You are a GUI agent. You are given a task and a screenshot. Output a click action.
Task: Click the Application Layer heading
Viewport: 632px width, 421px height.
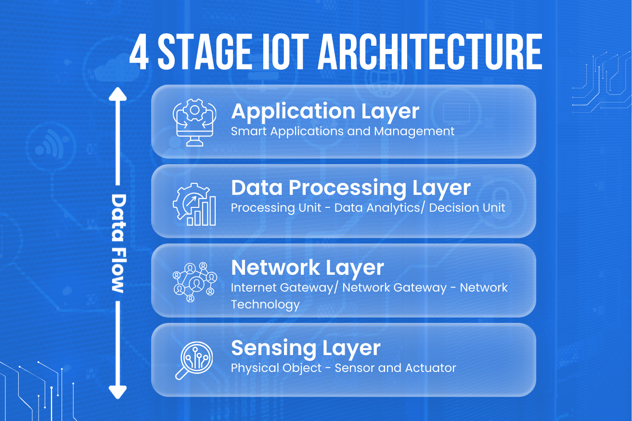325,112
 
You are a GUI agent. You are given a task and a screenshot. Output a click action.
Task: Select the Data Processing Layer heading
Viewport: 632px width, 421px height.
350,188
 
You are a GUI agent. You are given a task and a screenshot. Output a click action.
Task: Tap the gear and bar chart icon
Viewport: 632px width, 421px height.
194,204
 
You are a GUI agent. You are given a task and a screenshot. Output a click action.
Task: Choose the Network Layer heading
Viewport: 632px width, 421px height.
308,268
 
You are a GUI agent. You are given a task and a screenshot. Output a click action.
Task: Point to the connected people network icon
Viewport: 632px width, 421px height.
194,282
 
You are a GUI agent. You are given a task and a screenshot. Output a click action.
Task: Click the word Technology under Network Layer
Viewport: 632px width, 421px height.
265,305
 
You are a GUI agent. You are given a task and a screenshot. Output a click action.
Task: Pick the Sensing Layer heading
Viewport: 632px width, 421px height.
306,348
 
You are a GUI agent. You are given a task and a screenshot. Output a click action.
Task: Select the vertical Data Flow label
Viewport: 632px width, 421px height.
118,243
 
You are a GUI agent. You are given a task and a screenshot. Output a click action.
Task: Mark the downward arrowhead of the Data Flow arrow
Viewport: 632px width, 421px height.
117,392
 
